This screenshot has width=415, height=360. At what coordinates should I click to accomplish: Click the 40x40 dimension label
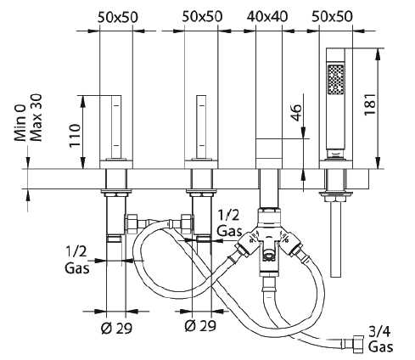[267, 16]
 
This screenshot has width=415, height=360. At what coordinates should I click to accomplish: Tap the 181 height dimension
[370, 104]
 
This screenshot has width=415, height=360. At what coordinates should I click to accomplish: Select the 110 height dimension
[75, 135]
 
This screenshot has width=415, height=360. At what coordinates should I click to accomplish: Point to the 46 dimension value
[296, 112]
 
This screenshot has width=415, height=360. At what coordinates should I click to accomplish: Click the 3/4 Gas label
[380, 339]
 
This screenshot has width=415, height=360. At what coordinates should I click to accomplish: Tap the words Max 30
[36, 117]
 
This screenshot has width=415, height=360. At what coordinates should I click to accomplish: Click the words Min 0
[20, 122]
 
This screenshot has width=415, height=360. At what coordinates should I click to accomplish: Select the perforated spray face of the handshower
[336, 80]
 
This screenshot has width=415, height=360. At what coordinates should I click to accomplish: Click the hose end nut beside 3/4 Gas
[358, 344]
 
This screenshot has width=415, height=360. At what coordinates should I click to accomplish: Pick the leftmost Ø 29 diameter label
[116, 328]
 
